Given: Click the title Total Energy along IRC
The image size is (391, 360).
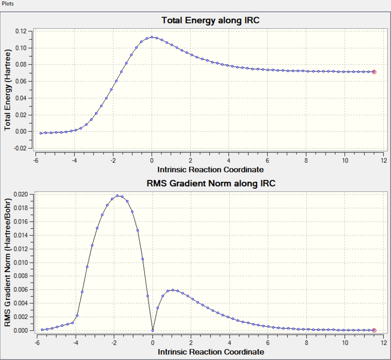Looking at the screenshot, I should pos(210,21).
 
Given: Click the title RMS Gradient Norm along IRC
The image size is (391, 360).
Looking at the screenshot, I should pos(210,184).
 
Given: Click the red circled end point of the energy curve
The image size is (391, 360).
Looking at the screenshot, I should pos(374,72).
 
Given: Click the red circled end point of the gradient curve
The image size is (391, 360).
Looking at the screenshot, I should pos(374,331).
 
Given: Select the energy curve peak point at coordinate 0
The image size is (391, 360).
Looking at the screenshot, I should pos(152,37).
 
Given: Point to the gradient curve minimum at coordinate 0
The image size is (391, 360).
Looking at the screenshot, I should pos(152,331).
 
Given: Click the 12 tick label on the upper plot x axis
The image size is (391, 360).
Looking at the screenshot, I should pos(384,160).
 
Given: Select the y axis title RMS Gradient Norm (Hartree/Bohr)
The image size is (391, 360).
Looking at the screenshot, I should pos(8,263).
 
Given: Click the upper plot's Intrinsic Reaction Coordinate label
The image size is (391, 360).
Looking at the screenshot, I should pos(211,170).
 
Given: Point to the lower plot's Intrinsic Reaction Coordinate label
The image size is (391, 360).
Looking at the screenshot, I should pos(211,352).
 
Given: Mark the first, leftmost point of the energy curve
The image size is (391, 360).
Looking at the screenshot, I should pos(41,133).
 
